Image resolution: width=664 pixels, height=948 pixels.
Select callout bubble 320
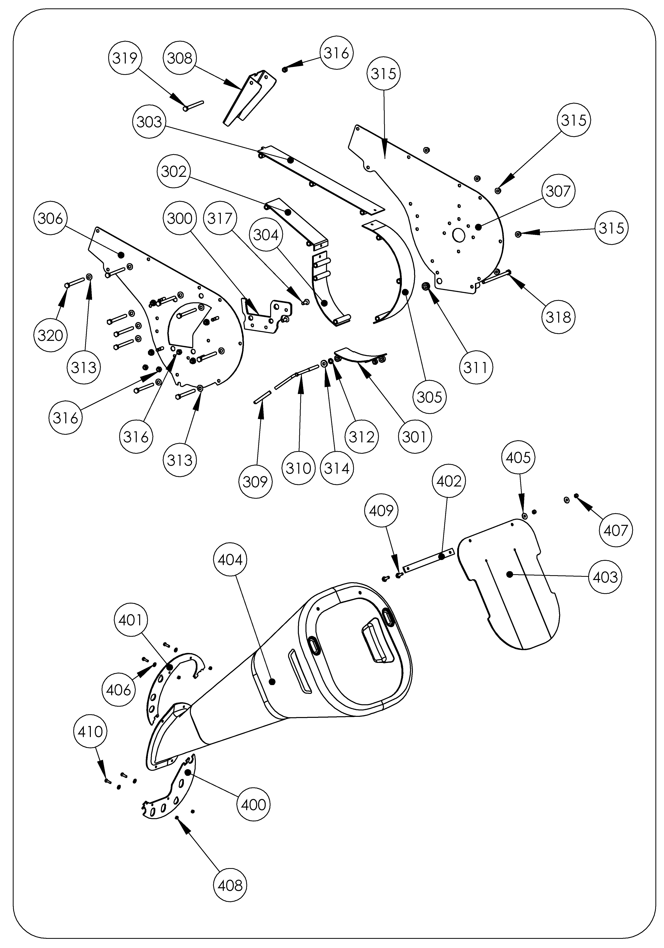(x=50, y=335)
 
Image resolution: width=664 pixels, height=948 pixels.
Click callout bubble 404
(x=230, y=560)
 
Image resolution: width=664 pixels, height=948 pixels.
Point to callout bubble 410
(x=90, y=732)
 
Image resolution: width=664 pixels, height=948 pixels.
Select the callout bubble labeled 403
(x=605, y=577)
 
